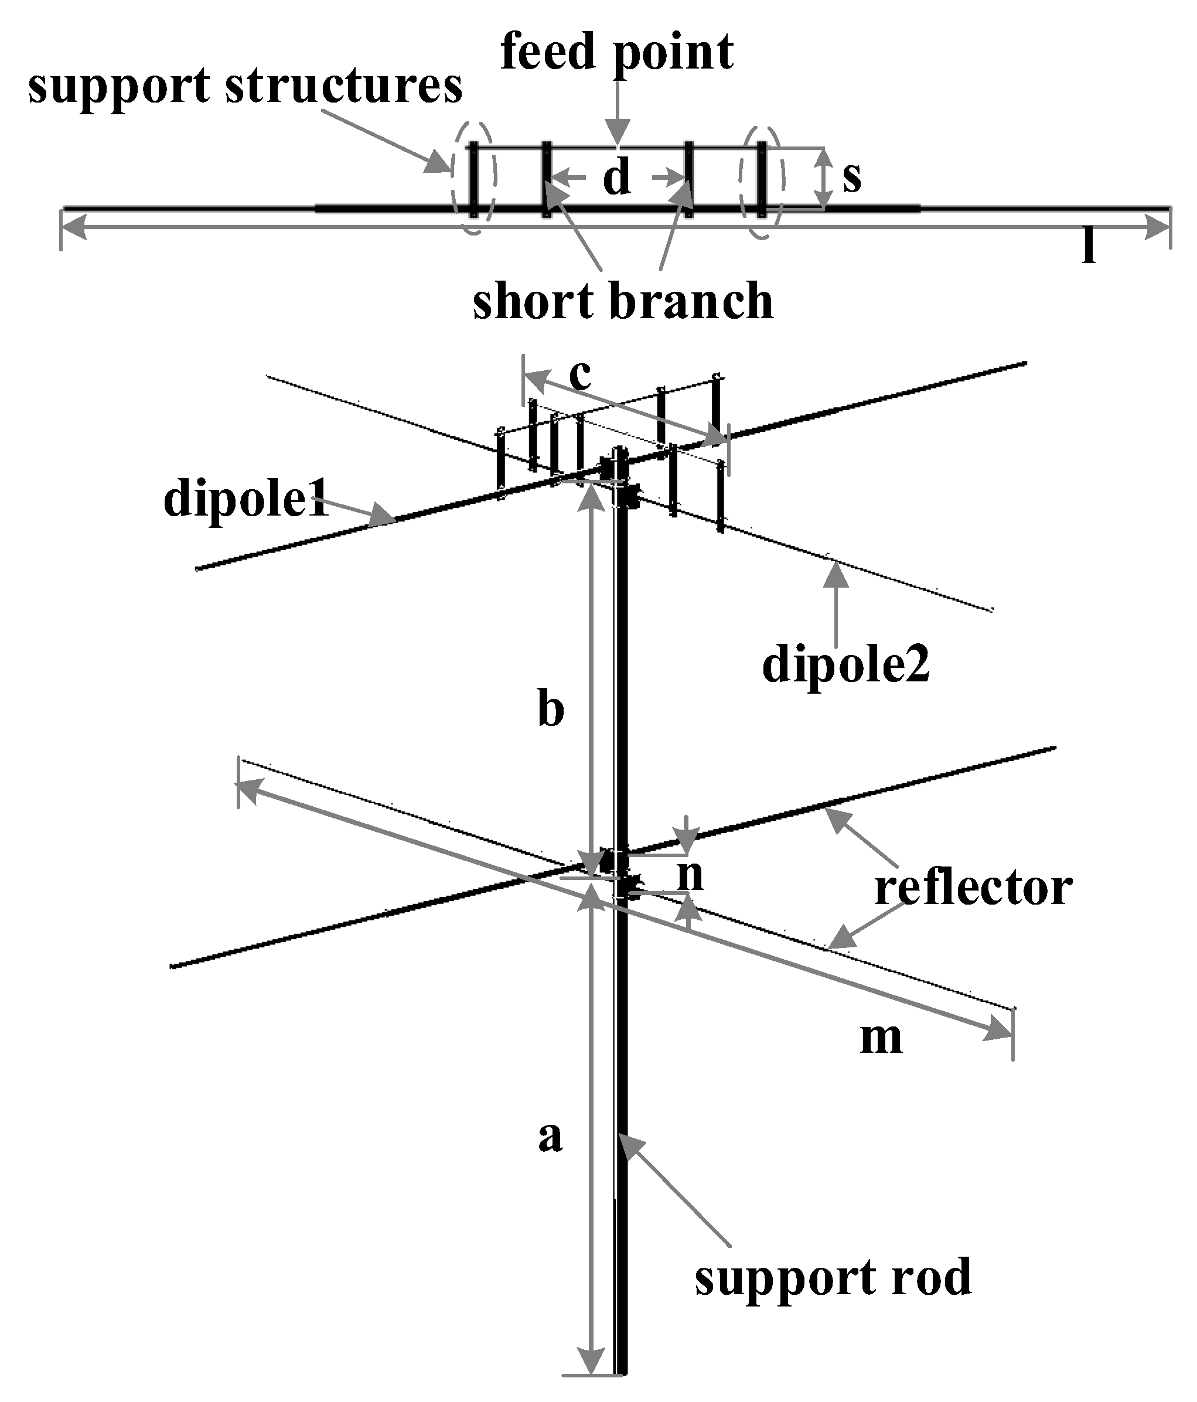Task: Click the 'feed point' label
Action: [616, 53]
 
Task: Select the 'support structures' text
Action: [245, 87]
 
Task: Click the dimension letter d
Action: [616, 179]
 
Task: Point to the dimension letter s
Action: [852, 176]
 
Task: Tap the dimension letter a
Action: [550, 1136]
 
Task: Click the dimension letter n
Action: [691, 875]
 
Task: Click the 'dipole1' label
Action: [245, 499]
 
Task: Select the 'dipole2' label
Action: [846, 664]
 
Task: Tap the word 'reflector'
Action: [973, 888]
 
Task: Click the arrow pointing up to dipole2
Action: [837, 602]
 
